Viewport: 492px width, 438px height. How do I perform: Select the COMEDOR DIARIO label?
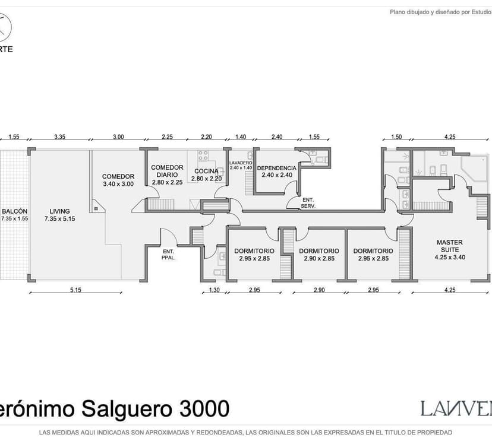point(167,171)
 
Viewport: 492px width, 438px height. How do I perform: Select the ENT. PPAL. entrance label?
point(168,254)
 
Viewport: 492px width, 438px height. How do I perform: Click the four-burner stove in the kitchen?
point(203,156)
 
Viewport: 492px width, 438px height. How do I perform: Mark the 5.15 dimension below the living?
point(75,290)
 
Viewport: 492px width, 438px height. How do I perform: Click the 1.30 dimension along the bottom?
point(215,290)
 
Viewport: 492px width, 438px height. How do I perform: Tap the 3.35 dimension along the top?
point(59,137)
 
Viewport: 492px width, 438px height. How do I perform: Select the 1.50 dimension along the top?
point(396,137)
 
